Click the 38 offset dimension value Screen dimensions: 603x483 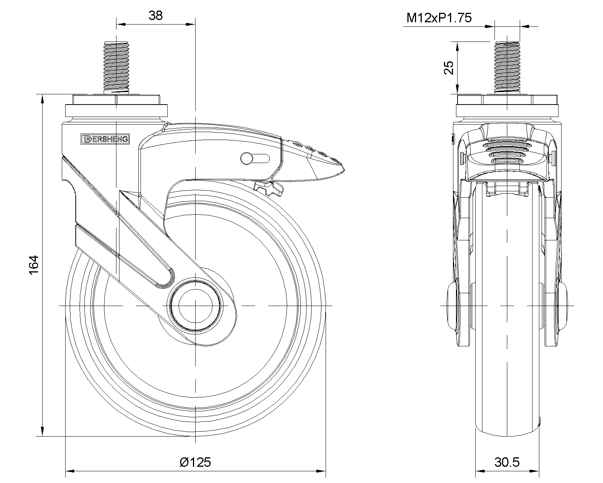click(156, 15)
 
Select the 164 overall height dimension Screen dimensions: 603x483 click(34, 265)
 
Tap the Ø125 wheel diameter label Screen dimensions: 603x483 click(195, 462)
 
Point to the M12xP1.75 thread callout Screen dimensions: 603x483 click(439, 18)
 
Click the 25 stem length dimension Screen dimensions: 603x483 click(449, 68)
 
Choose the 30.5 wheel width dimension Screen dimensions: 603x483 click(507, 462)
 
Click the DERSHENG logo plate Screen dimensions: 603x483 click(105, 139)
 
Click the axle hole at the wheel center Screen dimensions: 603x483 click(195, 306)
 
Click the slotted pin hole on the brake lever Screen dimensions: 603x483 click(255, 158)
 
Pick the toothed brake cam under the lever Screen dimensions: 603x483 click(268, 188)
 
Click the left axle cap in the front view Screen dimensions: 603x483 click(452, 306)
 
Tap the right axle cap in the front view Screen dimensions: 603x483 click(562, 306)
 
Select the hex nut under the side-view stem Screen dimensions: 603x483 click(507, 100)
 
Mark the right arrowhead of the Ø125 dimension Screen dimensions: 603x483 click(321, 471)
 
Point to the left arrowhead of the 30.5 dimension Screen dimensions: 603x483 click(481, 471)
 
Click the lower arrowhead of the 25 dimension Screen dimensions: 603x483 click(457, 89)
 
